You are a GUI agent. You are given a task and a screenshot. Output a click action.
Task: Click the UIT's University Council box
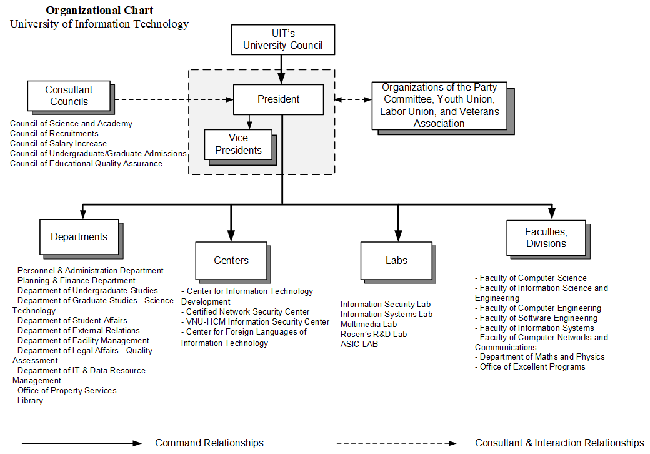pos(282,39)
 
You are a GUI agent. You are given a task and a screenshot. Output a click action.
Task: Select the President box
pos(278,99)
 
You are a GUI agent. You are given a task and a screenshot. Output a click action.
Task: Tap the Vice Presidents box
pos(238,144)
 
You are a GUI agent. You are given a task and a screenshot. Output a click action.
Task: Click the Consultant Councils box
pos(69,96)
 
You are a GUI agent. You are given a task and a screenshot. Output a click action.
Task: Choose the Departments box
pos(79,236)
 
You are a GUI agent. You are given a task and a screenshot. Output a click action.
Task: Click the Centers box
pos(231,260)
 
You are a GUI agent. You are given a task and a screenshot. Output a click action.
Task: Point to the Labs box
pos(396,260)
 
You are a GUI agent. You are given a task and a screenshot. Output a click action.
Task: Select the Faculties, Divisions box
pos(546,238)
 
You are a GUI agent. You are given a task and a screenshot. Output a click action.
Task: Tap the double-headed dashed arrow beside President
pos(352,99)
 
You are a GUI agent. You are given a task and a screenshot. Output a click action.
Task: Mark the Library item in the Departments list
pos(30,401)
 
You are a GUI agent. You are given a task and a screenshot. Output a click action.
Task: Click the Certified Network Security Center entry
pos(247,311)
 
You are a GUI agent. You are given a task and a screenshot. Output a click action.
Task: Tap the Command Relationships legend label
pos(209,443)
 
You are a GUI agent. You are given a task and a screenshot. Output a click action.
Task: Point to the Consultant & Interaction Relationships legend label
pos(559,443)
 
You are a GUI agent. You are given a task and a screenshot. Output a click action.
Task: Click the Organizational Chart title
pos(99,10)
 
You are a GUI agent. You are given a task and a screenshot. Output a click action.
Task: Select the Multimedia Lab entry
pos(367,324)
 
